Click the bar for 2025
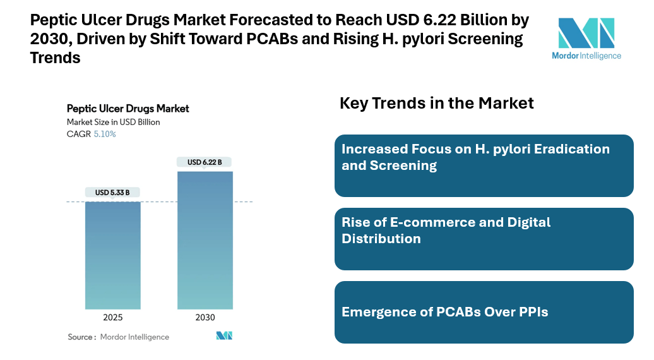pyautogui.click(x=113, y=255)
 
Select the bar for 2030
pyautogui.click(x=205, y=240)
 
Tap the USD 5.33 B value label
pyautogui.click(x=113, y=193)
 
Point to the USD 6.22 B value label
pyautogui.click(x=205, y=162)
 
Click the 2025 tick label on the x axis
pyautogui.click(x=113, y=318)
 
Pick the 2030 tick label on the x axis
pyautogui.click(x=205, y=318)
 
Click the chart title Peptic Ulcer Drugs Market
pyautogui.click(x=128, y=109)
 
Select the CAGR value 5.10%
pyautogui.click(x=105, y=135)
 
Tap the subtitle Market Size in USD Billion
pyautogui.click(x=113, y=122)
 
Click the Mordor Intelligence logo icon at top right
pyautogui.click(x=586, y=33)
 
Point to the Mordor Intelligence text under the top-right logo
pyautogui.click(x=586, y=56)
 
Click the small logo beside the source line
pyautogui.click(x=224, y=336)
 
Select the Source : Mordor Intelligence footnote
pyautogui.click(x=119, y=337)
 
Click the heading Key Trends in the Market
pyautogui.click(x=437, y=103)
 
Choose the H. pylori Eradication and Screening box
pyautogui.click(x=484, y=165)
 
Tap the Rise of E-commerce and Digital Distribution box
pyautogui.click(x=484, y=239)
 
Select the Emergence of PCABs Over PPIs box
pyautogui.click(x=484, y=312)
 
